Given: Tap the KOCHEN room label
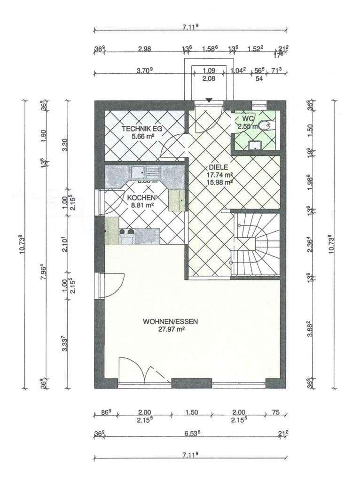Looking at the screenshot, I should click(x=141, y=198).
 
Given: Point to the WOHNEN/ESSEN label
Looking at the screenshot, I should click(x=171, y=322).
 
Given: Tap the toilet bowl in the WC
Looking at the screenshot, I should click(x=266, y=125).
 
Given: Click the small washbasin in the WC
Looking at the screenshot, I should click(x=255, y=145).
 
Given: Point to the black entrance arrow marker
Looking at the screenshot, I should click(x=209, y=100).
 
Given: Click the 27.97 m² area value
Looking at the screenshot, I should click(x=171, y=330).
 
